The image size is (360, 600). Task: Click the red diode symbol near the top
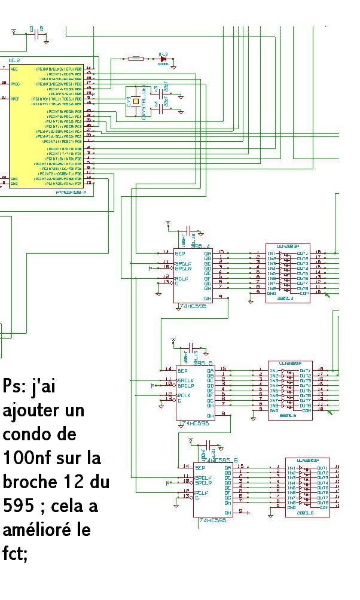tap(162, 59)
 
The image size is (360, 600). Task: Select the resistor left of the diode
tap(136, 59)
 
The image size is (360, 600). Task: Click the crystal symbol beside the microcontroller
tap(136, 102)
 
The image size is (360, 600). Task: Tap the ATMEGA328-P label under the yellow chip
tap(71, 192)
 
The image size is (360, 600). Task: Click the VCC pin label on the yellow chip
tap(14, 69)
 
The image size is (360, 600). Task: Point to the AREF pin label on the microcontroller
tap(15, 98)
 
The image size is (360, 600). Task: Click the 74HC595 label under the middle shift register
tap(195, 424)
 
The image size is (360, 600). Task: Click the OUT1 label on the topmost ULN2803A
tap(302, 254)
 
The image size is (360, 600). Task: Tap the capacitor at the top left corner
tap(41, 35)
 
